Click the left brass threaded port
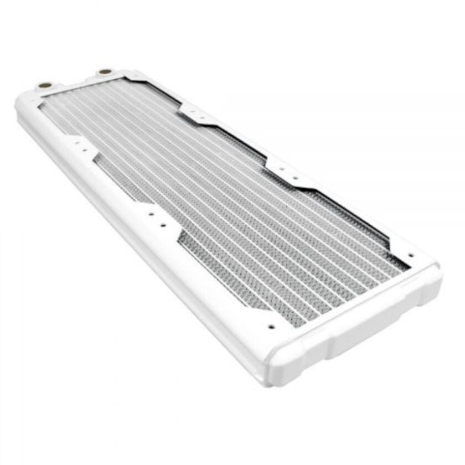pyautogui.click(x=42, y=86)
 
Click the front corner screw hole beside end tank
pyautogui.click(x=271, y=327)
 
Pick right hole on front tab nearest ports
pyautogui.click(x=84, y=149)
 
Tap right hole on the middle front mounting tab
pyautogui.click(x=163, y=225)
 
